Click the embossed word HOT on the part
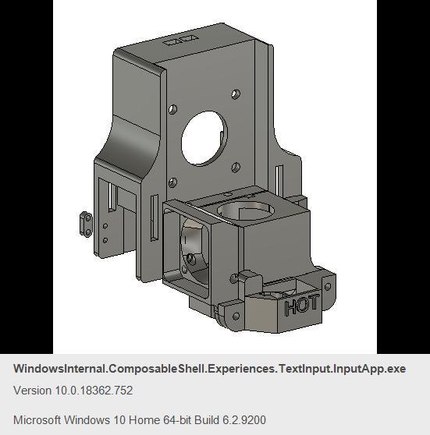coord(302,306)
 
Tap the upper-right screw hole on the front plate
coord(234,94)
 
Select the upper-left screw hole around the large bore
coord(172,110)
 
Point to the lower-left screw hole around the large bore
coord(172,183)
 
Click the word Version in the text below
coord(34,391)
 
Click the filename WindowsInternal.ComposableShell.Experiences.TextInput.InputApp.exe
coord(209,369)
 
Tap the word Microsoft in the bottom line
coord(38,420)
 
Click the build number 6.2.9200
coord(244,420)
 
